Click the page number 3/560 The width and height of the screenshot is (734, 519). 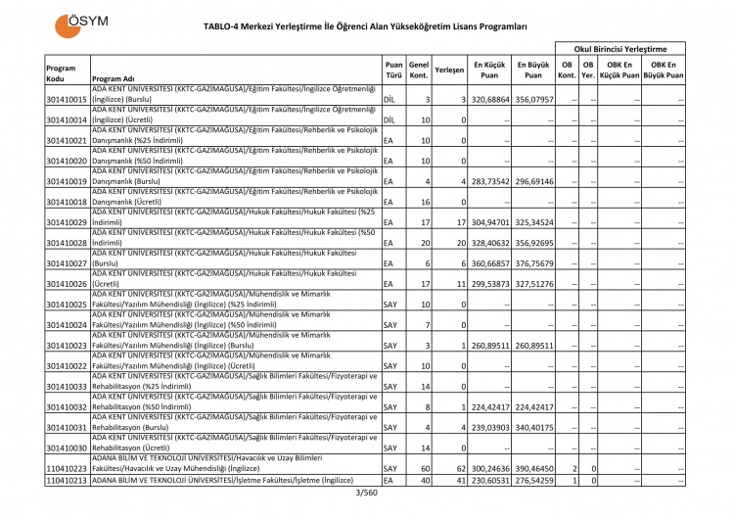tap(366, 492)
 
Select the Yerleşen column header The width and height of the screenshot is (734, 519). tap(449, 69)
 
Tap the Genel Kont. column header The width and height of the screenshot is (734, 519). tap(418, 69)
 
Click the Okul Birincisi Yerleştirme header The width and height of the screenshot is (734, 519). tap(619, 48)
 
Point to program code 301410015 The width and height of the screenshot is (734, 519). tap(68, 100)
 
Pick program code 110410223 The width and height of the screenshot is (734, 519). tap(68, 469)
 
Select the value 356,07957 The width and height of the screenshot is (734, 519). tap(534, 100)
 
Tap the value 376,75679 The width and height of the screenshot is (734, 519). tap(534, 263)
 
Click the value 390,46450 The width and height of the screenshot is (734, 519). tap(534, 469)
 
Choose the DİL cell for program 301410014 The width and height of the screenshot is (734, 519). tap(390, 119)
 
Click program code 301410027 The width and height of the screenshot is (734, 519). tap(68, 263)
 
